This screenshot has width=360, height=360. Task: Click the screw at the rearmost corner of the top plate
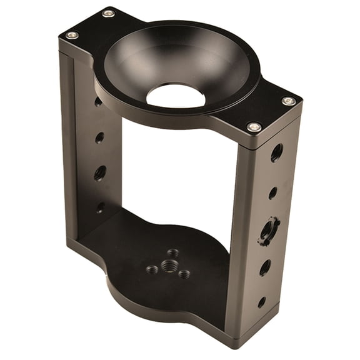pos(108,13)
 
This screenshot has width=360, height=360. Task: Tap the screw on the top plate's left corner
pos(72,35)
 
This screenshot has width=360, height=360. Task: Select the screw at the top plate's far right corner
pos(288,101)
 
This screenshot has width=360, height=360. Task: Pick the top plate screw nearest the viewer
pos(254,127)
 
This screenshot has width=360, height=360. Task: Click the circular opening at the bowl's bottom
pos(176,96)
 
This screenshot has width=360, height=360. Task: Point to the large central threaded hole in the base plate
pos(168,266)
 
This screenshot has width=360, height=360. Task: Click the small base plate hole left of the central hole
pos(152,269)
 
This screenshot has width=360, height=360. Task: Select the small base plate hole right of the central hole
pos(184,274)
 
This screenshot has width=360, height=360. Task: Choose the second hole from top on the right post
pos(273,193)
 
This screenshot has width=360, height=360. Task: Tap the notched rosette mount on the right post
pos(269,230)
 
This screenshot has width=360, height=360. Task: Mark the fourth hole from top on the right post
pos(265,267)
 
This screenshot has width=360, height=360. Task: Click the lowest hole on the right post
pos(261,302)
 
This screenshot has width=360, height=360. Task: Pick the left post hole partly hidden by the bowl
pos(98,101)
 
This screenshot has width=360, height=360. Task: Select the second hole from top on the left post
pos(100,137)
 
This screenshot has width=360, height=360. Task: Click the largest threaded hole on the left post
pos(100,173)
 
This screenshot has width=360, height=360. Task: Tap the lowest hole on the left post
pos(101,207)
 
